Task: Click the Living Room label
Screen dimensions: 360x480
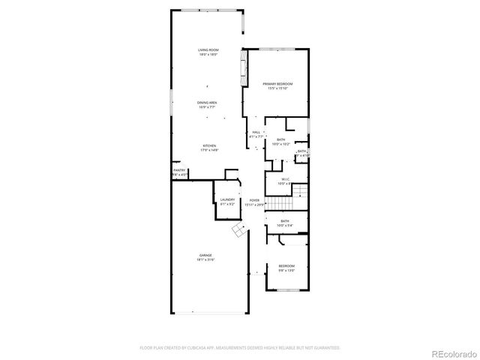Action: (x=208, y=49)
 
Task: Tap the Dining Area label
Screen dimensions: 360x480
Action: (x=208, y=102)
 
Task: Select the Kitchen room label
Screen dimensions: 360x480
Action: (x=209, y=145)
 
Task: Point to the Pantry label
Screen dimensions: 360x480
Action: (x=179, y=170)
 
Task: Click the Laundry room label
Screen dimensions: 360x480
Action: (x=228, y=199)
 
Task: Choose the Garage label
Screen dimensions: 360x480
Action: (x=205, y=255)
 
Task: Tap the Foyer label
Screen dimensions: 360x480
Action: (x=255, y=200)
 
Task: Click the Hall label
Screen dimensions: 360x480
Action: (x=256, y=132)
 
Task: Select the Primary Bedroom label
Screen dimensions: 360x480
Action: (x=277, y=83)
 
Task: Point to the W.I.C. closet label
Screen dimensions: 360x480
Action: (x=286, y=178)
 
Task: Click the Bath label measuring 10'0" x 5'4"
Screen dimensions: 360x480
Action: (x=285, y=220)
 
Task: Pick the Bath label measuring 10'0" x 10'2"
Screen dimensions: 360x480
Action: (x=280, y=139)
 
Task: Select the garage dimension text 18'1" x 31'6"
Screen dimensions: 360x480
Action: (x=205, y=259)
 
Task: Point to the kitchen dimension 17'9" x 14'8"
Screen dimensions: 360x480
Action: (x=209, y=150)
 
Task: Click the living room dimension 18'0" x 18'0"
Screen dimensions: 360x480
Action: (x=208, y=54)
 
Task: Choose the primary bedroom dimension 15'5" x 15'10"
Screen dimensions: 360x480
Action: (x=277, y=88)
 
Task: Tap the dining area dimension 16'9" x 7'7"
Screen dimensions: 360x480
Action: (x=208, y=106)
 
